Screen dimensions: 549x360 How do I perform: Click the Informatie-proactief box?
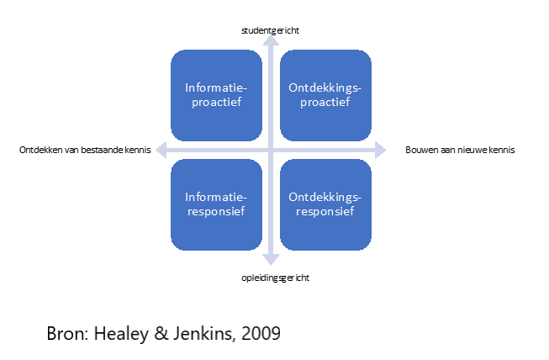tap(216, 95)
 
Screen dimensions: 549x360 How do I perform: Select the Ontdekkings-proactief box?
tap(325, 95)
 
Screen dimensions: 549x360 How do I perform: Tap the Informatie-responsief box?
tap(216, 204)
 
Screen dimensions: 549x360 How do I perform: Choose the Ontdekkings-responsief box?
tap(325, 204)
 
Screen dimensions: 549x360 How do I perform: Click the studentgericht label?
tap(271, 31)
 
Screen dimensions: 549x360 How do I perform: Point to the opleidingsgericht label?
tap(275, 278)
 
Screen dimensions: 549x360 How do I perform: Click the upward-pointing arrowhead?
tap(271, 40)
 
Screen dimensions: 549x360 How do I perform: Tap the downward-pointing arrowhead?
tap(271, 260)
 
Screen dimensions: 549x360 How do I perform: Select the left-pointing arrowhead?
tap(161, 151)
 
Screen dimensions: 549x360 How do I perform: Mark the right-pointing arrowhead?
tap(381, 151)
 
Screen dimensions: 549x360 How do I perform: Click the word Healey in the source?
tap(121, 333)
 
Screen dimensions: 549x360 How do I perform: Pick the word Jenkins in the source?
tap(203, 333)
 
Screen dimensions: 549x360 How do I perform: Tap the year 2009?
tap(261, 333)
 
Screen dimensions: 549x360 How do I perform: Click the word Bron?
tap(67, 333)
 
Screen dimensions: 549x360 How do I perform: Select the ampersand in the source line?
tap(161, 333)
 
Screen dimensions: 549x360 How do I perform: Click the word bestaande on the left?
tap(103, 150)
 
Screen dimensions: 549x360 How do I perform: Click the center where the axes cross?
tap(271, 151)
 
